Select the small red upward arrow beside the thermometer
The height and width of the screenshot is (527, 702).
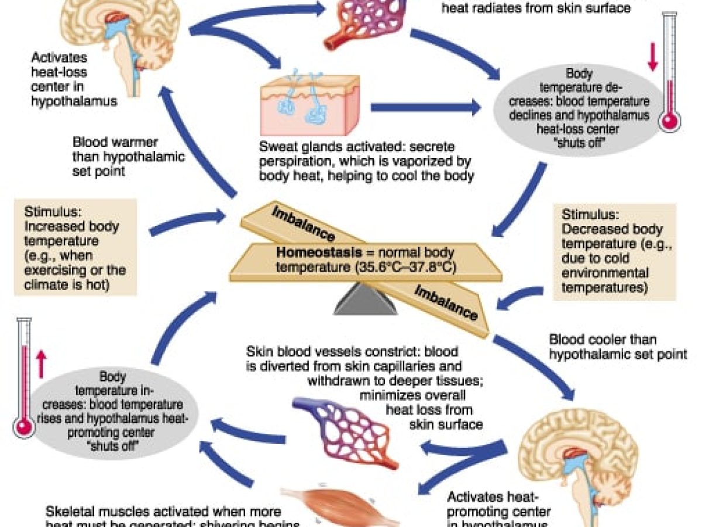point(40,364)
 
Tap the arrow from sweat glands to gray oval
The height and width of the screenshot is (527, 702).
point(424,107)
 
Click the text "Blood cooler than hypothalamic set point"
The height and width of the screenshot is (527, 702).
point(617,346)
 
